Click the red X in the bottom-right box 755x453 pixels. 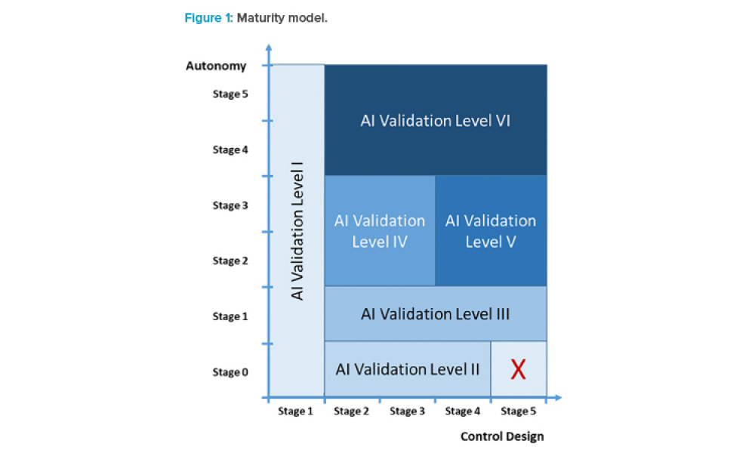tap(518, 369)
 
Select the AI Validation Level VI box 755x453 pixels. tap(436, 120)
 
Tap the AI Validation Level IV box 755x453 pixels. tap(380, 231)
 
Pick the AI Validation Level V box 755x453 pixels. tap(491, 231)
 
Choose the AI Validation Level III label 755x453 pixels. tap(436, 313)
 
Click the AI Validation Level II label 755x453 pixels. tap(408, 369)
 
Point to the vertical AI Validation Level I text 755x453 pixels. tap(297, 230)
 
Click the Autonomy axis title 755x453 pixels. tap(216, 66)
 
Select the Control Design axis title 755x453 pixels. tap(501, 436)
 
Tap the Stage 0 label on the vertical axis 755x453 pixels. tap(230, 372)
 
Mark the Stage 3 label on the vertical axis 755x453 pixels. tap(230, 205)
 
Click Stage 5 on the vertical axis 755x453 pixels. tap(230, 94)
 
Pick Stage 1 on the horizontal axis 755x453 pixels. tap(295, 411)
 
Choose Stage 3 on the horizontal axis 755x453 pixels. tap(407, 411)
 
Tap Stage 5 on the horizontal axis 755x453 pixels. tap(518, 411)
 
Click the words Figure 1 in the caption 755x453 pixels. tap(208, 17)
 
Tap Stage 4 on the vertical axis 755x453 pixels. tap(230, 149)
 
